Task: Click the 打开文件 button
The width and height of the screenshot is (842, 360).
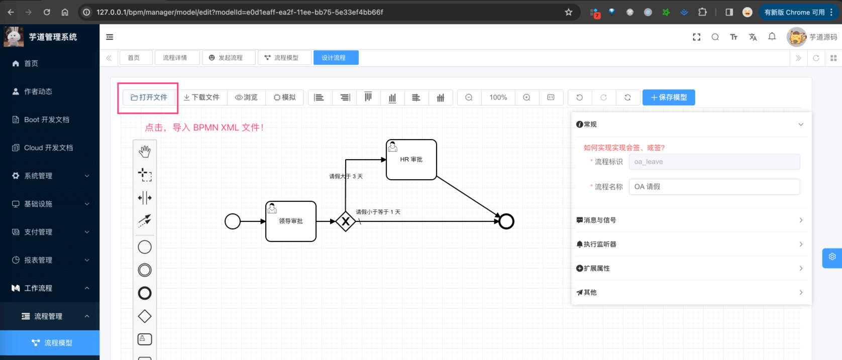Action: pyautogui.click(x=149, y=97)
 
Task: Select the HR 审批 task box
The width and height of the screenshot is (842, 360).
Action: pyautogui.click(x=411, y=160)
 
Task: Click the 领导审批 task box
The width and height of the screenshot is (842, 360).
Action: pyautogui.click(x=291, y=221)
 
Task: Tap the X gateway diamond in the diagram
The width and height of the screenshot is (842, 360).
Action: pyautogui.click(x=346, y=221)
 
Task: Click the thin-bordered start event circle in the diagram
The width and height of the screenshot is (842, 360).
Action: pyautogui.click(x=233, y=221)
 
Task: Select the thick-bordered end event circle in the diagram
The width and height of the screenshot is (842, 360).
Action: pyautogui.click(x=506, y=221)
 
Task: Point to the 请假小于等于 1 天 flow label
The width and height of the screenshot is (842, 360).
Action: pyautogui.click(x=378, y=212)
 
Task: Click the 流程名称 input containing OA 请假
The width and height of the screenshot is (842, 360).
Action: pyautogui.click(x=714, y=187)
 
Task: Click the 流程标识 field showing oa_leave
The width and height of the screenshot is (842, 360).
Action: pyautogui.click(x=714, y=162)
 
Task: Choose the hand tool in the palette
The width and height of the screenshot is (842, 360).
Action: pyautogui.click(x=145, y=151)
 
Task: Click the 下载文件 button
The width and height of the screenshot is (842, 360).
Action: pyautogui.click(x=201, y=97)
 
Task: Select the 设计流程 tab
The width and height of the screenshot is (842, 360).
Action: pyautogui.click(x=334, y=58)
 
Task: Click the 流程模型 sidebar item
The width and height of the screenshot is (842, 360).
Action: pyautogui.click(x=58, y=343)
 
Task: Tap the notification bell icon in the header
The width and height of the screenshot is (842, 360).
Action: pyautogui.click(x=772, y=37)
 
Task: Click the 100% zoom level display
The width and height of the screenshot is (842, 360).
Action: pyautogui.click(x=498, y=97)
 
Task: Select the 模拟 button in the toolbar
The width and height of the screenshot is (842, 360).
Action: pyautogui.click(x=284, y=97)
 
